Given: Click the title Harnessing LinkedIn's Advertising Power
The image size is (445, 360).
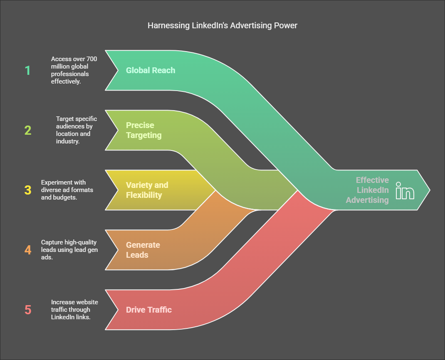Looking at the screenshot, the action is pos(222,25).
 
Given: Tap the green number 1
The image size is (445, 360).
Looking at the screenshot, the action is pos(27,70).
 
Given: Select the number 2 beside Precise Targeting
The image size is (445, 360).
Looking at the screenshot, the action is pos(28,130).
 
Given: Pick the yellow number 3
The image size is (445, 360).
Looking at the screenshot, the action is pos(28,190).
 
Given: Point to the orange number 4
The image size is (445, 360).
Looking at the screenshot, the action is pos(28,250).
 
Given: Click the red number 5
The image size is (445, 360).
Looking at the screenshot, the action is pos(28,310).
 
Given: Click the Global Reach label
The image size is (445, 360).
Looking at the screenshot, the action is pos(151,70).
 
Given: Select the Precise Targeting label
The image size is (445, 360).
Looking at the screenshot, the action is pos(143,130).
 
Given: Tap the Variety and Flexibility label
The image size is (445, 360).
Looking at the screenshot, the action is pos(147,190).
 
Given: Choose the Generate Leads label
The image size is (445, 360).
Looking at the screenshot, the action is pos(143,250).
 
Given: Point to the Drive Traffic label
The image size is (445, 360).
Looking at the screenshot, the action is pos(149,310).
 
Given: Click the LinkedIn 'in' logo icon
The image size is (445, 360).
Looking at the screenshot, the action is pos(405,190).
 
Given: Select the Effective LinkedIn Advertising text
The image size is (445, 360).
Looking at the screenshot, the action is pos(367,190).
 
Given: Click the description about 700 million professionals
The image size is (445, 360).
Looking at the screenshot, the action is pos(74,70).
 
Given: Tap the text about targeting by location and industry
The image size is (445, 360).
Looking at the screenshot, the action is pos(77,130).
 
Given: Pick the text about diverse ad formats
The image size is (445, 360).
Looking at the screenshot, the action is pos(67,190).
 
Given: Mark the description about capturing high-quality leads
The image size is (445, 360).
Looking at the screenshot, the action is pos(69,250).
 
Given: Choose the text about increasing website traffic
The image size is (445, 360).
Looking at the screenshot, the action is pos(74,310).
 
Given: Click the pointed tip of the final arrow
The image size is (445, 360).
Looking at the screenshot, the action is pos(430,190).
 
